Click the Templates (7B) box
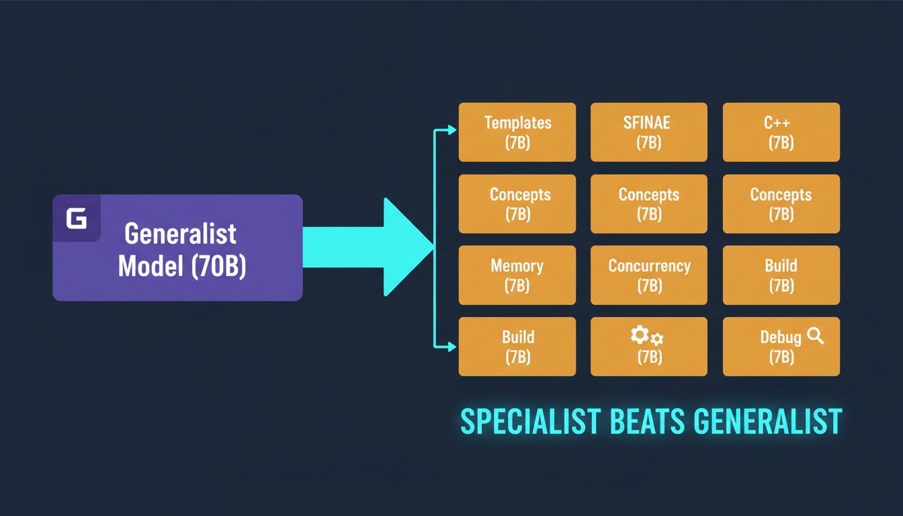pyautogui.click(x=517, y=132)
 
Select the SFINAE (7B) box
pyautogui.click(x=648, y=132)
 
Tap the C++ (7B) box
pyautogui.click(x=781, y=132)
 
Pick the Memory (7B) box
pyautogui.click(x=517, y=275)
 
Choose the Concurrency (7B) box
pyautogui.click(x=648, y=275)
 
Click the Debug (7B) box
pyautogui.click(x=781, y=347)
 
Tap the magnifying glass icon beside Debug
pyautogui.click(x=815, y=336)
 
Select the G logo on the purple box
pyautogui.click(x=77, y=219)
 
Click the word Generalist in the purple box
pyautogui.click(x=181, y=234)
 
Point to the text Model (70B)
pyautogui.click(x=182, y=266)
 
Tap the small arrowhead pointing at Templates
pyautogui.click(x=452, y=130)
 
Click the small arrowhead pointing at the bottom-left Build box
pyautogui.click(x=452, y=347)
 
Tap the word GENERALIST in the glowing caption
pyautogui.click(x=767, y=421)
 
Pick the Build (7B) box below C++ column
pyautogui.click(x=781, y=275)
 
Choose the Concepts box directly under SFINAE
pyautogui.click(x=648, y=204)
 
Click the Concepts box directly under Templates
pyautogui.click(x=517, y=204)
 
